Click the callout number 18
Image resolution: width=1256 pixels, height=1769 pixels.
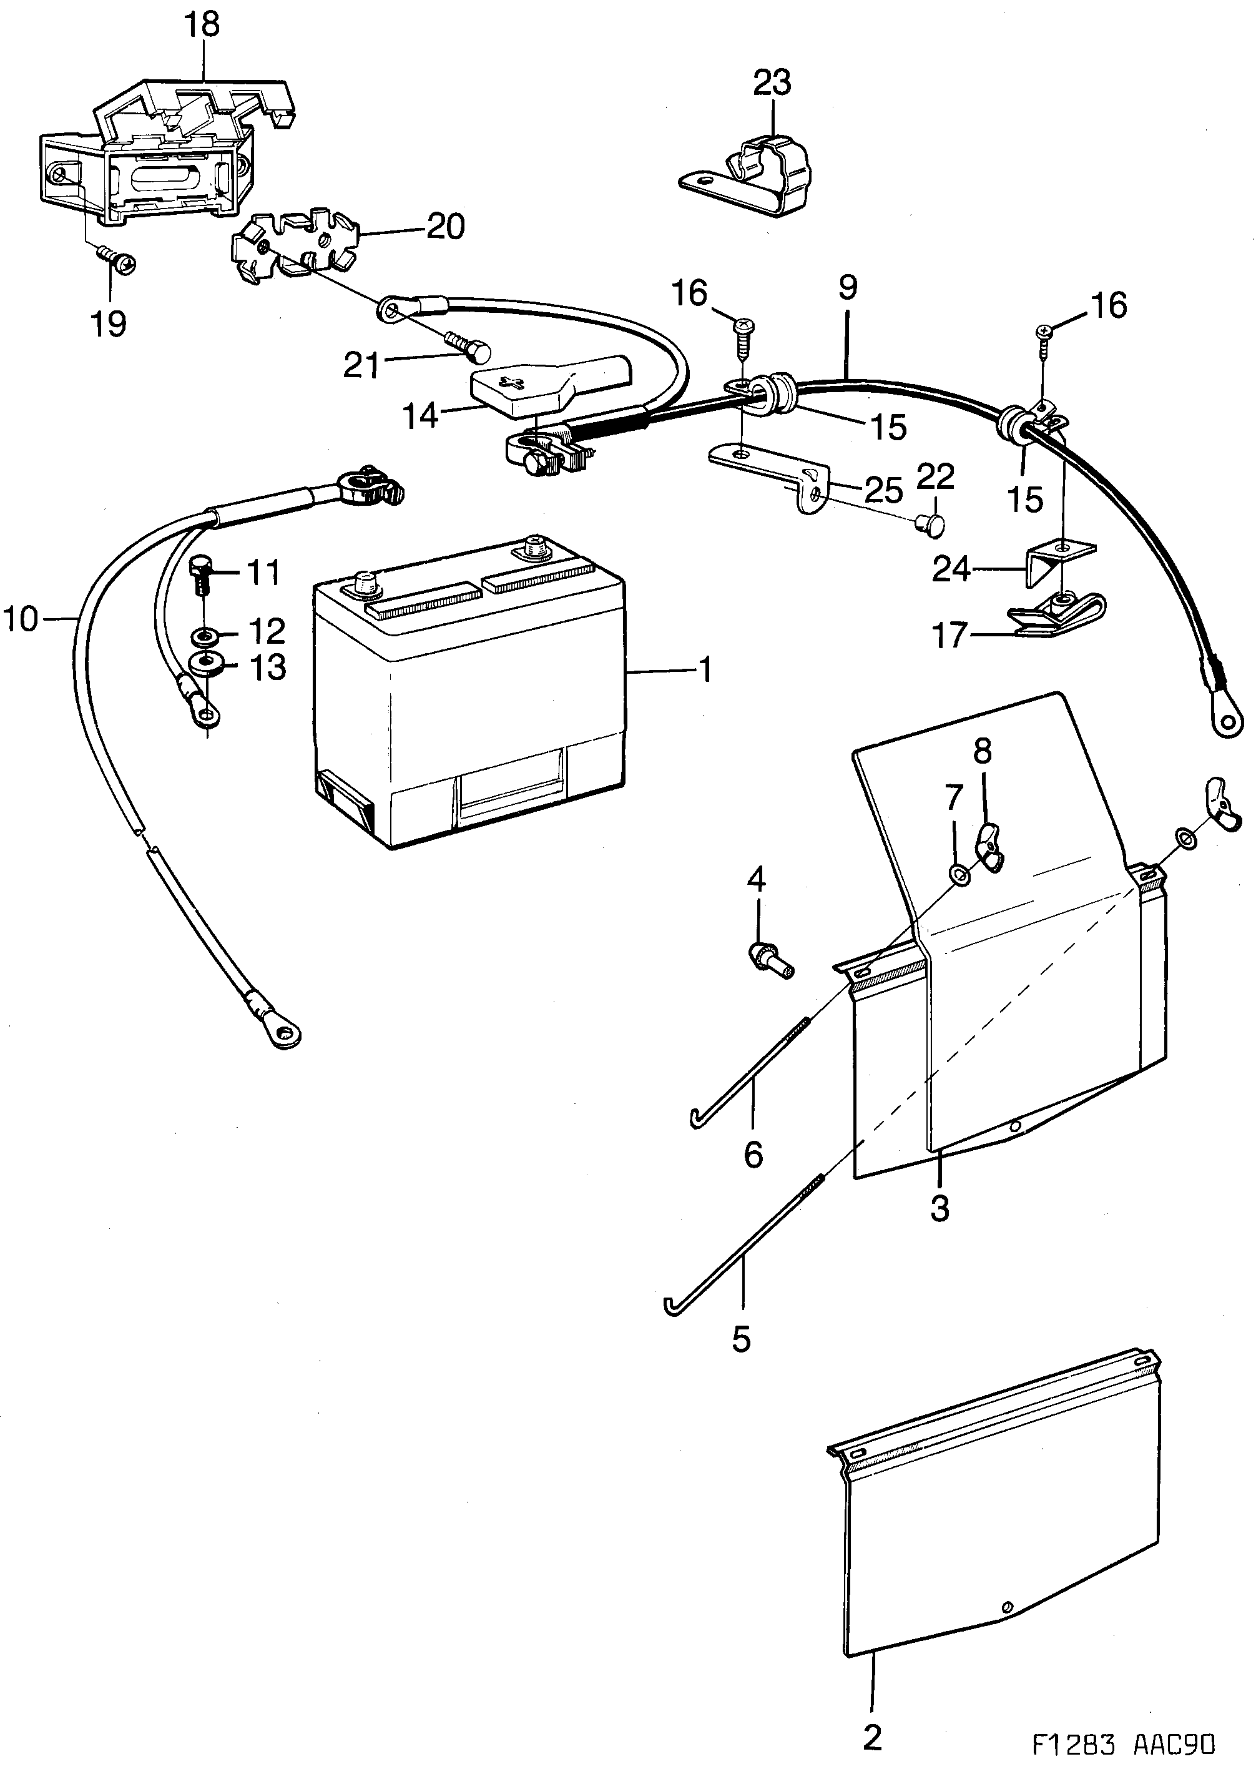[x=202, y=25]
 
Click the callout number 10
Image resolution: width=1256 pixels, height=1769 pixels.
[x=21, y=619]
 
